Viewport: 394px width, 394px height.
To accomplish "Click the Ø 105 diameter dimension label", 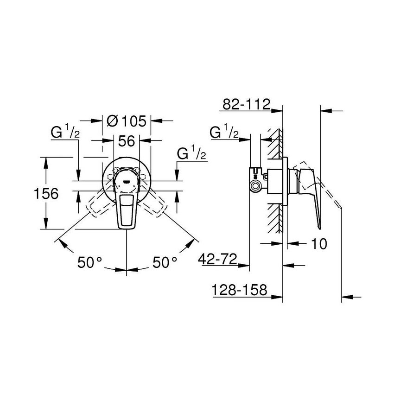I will point(127,121).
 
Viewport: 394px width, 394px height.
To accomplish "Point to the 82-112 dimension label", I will point(246,105).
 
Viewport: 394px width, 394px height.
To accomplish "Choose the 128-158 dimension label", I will point(239,290).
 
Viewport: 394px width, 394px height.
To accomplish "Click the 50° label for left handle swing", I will point(89,262).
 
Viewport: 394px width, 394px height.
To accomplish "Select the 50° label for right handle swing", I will point(165,262).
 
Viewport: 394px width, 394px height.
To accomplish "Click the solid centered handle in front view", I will point(127,211).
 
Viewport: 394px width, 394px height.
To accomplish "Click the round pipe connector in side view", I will point(255,186).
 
